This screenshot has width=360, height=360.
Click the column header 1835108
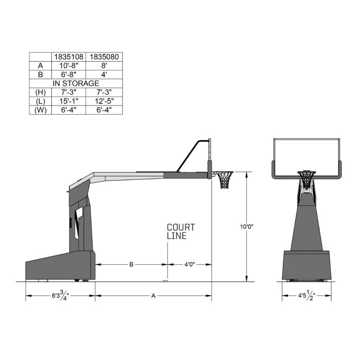[68, 57]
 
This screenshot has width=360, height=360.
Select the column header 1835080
[105, 57]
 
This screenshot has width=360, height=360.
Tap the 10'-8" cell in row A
[68, 65]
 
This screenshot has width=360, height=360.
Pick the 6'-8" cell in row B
[68, 74]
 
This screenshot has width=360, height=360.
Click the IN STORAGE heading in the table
[76, 83]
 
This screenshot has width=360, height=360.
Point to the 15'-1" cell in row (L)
[68, 101]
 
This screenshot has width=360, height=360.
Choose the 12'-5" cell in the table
[105, 101]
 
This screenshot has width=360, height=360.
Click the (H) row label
[40, 92]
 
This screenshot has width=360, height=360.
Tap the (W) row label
[40, 110]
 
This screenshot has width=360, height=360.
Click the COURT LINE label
[181, 231]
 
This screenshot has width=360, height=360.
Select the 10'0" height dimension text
[247, 227]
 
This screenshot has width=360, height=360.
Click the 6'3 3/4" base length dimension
[60, 296]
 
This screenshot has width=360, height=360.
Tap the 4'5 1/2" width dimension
[307, 296]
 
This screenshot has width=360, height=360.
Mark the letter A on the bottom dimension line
[153, 296]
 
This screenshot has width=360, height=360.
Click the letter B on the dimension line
[131, 264]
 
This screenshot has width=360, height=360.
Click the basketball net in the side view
[225, 181]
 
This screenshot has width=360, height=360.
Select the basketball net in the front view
[307, 181]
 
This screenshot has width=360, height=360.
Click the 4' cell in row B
[105, 74]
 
